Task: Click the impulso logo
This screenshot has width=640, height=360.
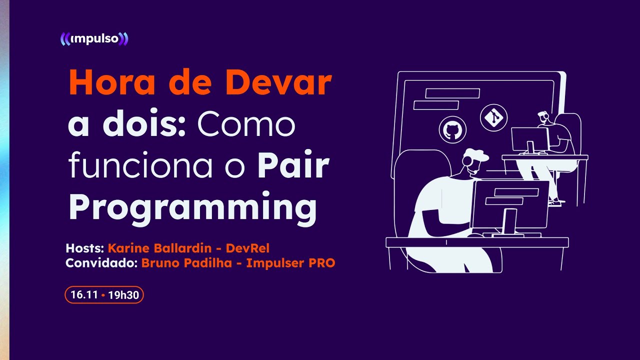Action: (94, 39)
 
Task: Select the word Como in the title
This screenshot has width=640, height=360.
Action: (246, 125)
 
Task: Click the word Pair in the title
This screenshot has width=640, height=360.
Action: (293, 167)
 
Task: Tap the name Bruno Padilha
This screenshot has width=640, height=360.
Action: (186, 263)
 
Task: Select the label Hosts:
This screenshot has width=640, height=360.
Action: (85, 248)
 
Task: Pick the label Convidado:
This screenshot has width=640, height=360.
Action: (101, 263)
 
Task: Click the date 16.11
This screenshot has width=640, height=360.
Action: (83, 295)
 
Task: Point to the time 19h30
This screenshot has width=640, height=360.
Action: (123, 295)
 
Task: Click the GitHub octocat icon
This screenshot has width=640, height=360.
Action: (452, 129)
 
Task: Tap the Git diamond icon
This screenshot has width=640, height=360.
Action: (493, 117)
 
